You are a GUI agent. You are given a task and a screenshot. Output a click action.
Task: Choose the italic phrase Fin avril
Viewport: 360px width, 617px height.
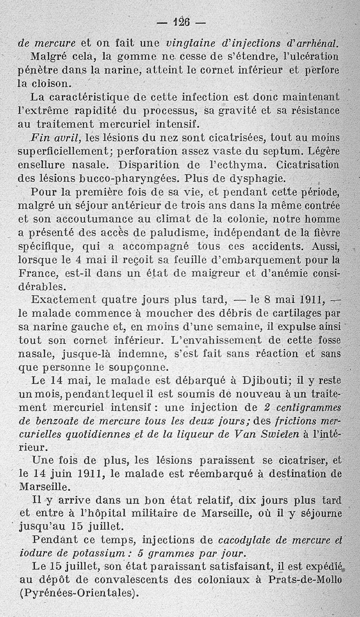(x=55, y=137)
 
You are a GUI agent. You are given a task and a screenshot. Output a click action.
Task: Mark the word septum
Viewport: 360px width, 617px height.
(x=277, y=151)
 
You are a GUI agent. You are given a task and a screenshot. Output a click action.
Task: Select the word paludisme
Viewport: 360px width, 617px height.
(x=164, y=233)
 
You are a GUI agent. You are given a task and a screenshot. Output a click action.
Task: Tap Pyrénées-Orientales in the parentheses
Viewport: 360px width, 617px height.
(x=77, y=594)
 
